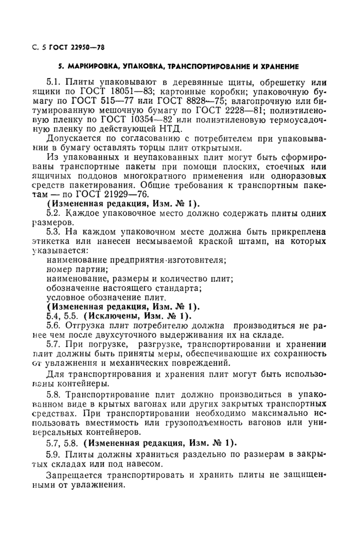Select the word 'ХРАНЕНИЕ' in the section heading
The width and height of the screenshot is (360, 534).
(x=278, y=66)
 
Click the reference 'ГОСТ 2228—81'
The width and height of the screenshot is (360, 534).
(x=239, y=114)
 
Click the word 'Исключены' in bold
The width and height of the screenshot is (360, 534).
(x=111, y=315)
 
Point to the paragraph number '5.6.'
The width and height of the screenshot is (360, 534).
(x=54, y=325)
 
